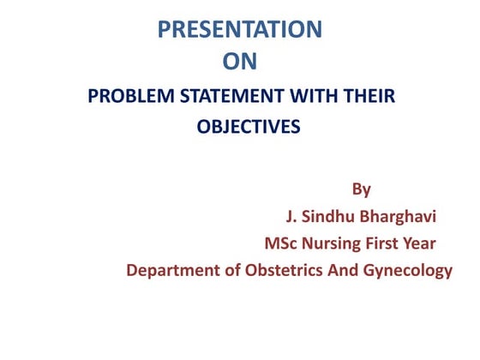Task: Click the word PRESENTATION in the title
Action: (x=240, y=29)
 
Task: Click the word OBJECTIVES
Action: (x=249, y=128)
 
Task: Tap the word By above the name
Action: (x=361, y=188)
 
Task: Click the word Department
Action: (x=168, y=272)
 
